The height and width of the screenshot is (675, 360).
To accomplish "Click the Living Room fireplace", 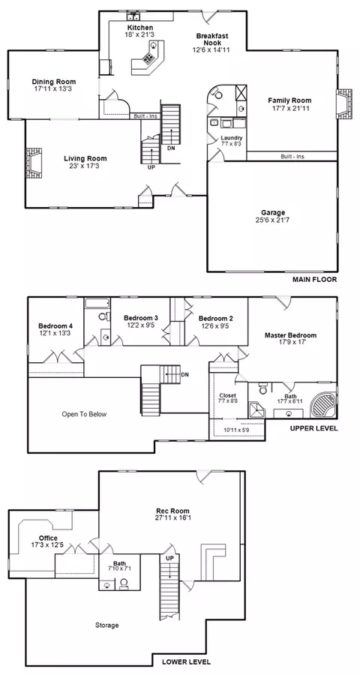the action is tap(33, 163).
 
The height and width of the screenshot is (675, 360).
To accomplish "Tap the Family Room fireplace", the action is tap(343, 103).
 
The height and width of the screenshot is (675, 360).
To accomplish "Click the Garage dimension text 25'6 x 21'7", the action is tap(272, 220).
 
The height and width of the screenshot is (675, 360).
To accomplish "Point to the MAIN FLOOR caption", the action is tap(314, 280).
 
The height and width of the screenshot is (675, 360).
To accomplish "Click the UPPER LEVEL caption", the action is tap(313, 428).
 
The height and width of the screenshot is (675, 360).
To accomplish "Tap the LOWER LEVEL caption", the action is tap(186, 661).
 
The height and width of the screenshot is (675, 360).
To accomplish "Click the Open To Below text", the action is tap(84, 415).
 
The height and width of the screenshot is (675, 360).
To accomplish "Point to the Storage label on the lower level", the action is tap(106, 625).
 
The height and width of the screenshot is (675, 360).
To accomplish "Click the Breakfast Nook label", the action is tap(212, 40).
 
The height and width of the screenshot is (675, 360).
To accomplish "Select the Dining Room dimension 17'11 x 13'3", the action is tap(54, 88).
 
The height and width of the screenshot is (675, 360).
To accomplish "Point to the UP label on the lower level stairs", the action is tap(169, 557).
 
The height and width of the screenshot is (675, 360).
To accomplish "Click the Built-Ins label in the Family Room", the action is tap(292, 157).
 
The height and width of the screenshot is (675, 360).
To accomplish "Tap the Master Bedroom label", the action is tap(291, 335).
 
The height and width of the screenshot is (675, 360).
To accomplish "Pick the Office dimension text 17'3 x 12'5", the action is tap(48, 545).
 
